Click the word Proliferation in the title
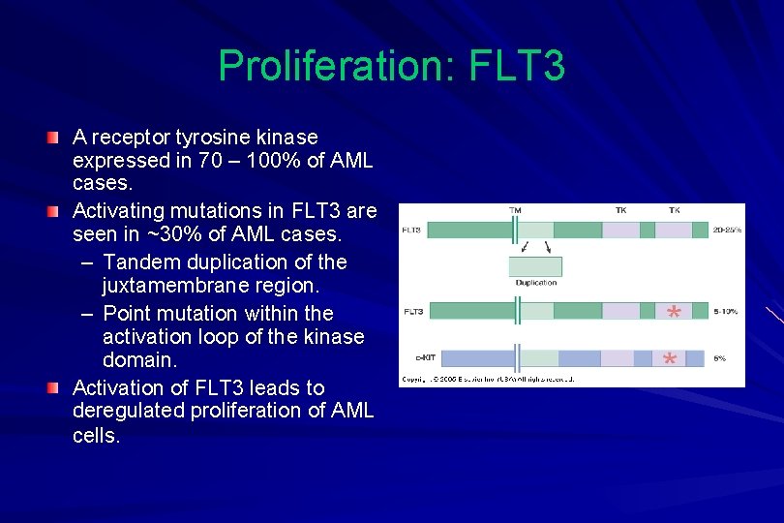334,66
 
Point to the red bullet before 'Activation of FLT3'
61,388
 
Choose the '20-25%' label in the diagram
727,230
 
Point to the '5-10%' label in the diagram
727,311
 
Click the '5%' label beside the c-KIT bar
720,358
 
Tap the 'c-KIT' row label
413,358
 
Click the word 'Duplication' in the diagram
535,283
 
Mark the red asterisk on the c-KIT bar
669,360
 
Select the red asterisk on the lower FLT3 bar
674,312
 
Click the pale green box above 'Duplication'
535,266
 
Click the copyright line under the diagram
489,379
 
